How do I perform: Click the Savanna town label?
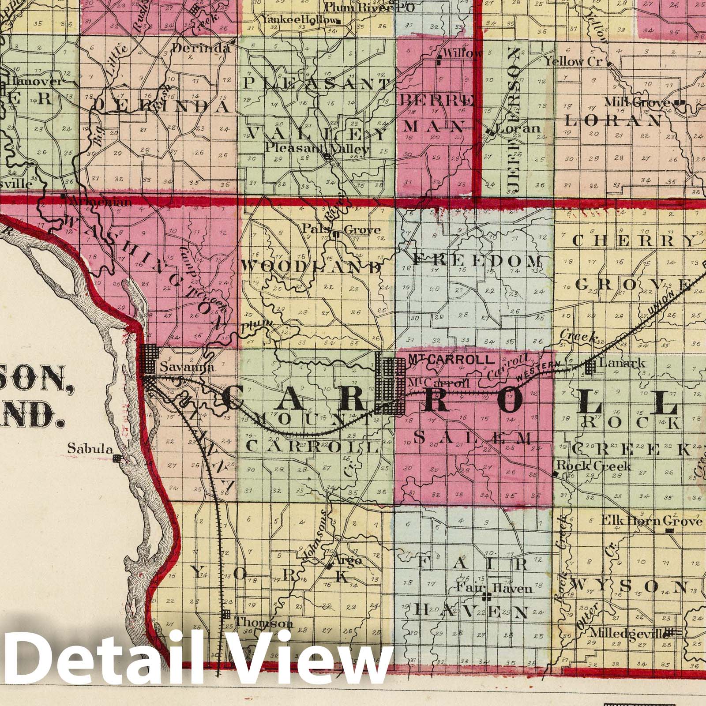click(181, 367)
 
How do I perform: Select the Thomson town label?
click(264, 623)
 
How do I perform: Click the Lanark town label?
click(623, 363)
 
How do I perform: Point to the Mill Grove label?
click(638, 103)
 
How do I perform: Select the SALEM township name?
click(473, 438)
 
